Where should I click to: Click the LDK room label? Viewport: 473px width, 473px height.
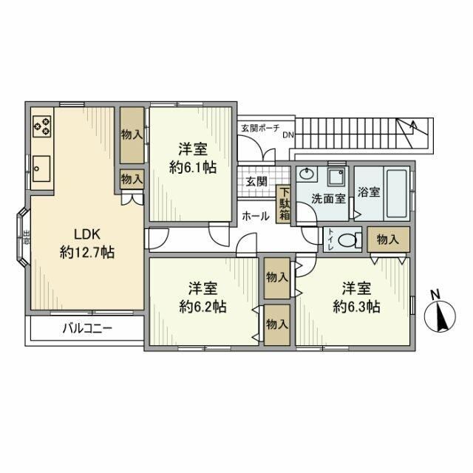pyautogui.click(x=87, y=234)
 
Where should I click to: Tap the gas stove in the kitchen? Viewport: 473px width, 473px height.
pyautogui.click(x=42, y=126)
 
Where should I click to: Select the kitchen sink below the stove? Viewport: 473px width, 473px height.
pyautogui.click(x=41, y=169)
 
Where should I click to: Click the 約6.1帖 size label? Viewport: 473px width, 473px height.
pyautogui.click(x=193, y=167)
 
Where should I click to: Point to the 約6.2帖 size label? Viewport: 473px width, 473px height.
pyautogui.click(x=203, y=307)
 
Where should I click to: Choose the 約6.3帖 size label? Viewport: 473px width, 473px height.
pyautogui.click(x=356, y=307)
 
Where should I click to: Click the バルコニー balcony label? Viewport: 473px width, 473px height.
pyautogui.click(x=87, y=328)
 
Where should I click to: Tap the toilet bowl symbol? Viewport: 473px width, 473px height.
pyautogui.click(x=350, y=240)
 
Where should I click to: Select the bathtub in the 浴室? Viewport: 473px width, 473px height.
pyautogui.click(x=396, y=194)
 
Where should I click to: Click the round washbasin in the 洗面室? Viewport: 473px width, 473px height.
pyautogui.click(x=307, y=174)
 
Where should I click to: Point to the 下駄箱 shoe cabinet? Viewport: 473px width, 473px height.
pyautogui.click(x=284, y=204)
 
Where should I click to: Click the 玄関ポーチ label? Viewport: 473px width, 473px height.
pyautogui.click(x=260, y=128)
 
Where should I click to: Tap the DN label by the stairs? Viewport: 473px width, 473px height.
pyautogui.click(x=288, y=135)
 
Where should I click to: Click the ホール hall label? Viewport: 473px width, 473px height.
pyautogui.click(x=256, y=216)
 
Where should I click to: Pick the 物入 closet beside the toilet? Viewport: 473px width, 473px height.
pyautogui.click(x=388, y=239)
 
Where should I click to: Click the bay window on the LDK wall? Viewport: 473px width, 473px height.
pyautogui.click(x=23, y=236)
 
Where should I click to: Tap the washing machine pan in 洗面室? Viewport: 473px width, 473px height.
pyautogui.click(x=337, y=177)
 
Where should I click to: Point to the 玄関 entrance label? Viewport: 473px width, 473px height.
pyautogui.click(x=256, y=182)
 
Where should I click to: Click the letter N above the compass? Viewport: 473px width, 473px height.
pyautogui.click(x=435, y=295)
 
